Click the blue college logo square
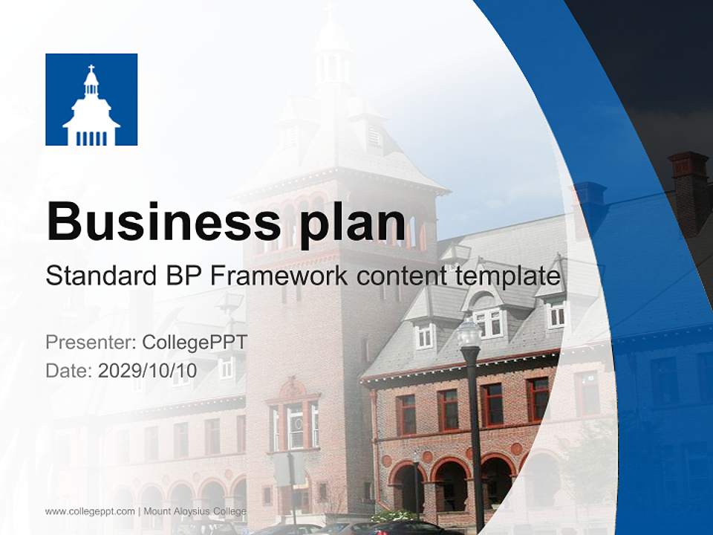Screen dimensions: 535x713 click(91, 100)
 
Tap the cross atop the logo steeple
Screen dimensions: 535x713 click(91, 70)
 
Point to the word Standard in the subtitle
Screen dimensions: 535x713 click(97, 276)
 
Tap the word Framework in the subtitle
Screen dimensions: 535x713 click(280, 276)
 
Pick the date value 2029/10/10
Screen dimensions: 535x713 click(148, 370)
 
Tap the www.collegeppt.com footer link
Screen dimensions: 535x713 click(90, 511)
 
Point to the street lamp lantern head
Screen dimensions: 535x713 click(469, 332)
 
